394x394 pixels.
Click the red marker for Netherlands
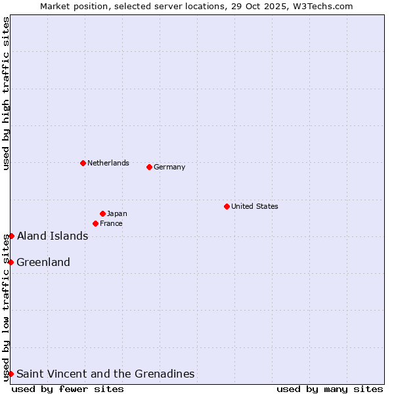click(83, 163)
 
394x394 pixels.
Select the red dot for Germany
click(149, 167)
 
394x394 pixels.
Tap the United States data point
click(227, 206)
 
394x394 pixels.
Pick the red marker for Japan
click(102, 213)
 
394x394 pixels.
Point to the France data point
click(95, 223)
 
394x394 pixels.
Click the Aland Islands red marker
click(11, 236)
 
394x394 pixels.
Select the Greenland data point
click(11, 262)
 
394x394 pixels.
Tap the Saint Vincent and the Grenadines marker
click(11, 374)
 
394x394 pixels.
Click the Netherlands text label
click(108, 163)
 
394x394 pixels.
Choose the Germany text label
click(169, 167)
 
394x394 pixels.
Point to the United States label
click(254, 206)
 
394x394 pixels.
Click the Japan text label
click(117, 213)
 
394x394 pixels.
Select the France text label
click(111, 223)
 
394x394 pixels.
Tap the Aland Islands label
click(53, 236)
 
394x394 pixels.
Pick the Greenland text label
click(43, 262)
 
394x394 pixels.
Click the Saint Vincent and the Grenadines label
click(105, 374)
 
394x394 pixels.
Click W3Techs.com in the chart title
click(322, 7)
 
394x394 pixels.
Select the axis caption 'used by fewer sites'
click(68, 389)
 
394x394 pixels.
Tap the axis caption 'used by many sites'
click(330, 389)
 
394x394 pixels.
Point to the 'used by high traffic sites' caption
click(6, 93)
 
